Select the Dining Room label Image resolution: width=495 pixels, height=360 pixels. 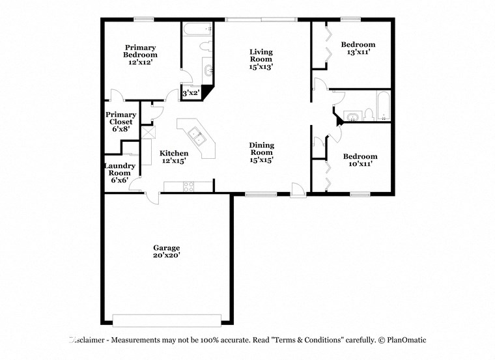[x=262, y=152]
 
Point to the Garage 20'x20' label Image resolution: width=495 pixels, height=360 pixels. [x=167, y=251]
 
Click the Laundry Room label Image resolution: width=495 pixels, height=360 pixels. [x=120, y=173]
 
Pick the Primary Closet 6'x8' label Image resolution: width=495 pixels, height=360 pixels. [x=122, y=122]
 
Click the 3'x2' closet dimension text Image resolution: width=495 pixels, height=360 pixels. [x=190, y=94]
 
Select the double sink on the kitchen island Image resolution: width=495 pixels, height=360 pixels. [x=196, y=138]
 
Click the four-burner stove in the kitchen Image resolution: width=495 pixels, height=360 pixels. [x=189, y=187]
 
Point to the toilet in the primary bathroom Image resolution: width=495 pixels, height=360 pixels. [x=203, y=47]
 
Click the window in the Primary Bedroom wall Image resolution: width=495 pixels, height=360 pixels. [x=143, y=20]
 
